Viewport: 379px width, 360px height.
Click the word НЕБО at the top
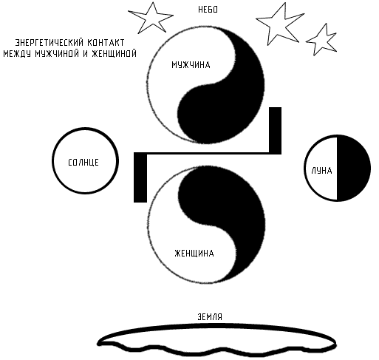click(x=208, y=10)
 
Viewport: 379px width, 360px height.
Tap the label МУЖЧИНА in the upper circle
click(x=191, y=65)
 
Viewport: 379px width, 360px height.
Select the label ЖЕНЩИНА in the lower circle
click(x=194, y=254)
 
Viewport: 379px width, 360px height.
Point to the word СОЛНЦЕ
click(x=83, y=163)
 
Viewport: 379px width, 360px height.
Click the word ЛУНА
click(x=321, y=171)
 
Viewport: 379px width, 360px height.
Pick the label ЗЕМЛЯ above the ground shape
click(x=210, y=317)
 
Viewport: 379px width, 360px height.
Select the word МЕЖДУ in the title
click(x=17, y=53)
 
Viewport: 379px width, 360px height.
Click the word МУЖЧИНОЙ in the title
click(x=57, y=53)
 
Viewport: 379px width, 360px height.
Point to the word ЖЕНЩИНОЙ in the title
click(x=114, y=53)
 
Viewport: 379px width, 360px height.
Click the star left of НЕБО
click(x=151, y=18)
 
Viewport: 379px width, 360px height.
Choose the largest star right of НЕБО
click(x=280, y=24)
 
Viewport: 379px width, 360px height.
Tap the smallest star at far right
click(x=321, y=39)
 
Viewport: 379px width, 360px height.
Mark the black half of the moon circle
click(x=354, y=168)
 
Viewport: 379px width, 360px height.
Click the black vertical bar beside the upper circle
click(x=275, y=130)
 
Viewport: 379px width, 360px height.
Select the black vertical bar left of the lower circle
click(x=140, y=177)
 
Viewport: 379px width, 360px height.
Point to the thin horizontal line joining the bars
click(x=208, y=153)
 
